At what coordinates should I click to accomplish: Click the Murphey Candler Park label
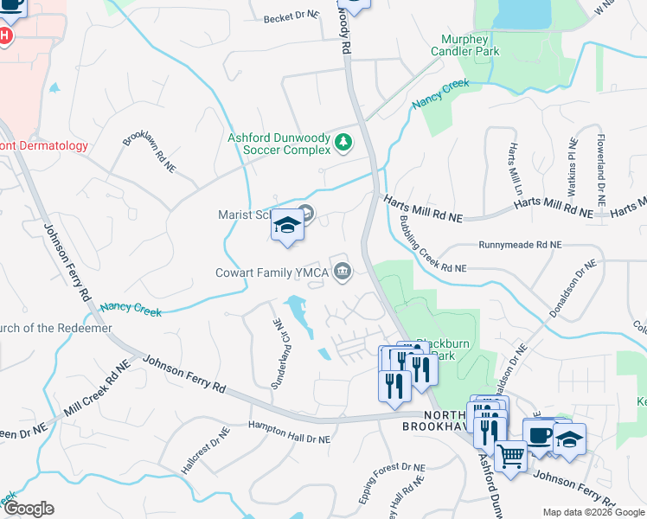pyautogui.click(x=470, y=45)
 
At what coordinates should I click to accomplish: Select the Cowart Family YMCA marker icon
pyautogui.click(x=343, y=272)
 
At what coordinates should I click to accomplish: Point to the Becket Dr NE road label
pyautogui.click(x=290, y=18)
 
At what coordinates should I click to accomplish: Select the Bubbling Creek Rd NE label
pyautogui.click(x=424, y=243)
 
